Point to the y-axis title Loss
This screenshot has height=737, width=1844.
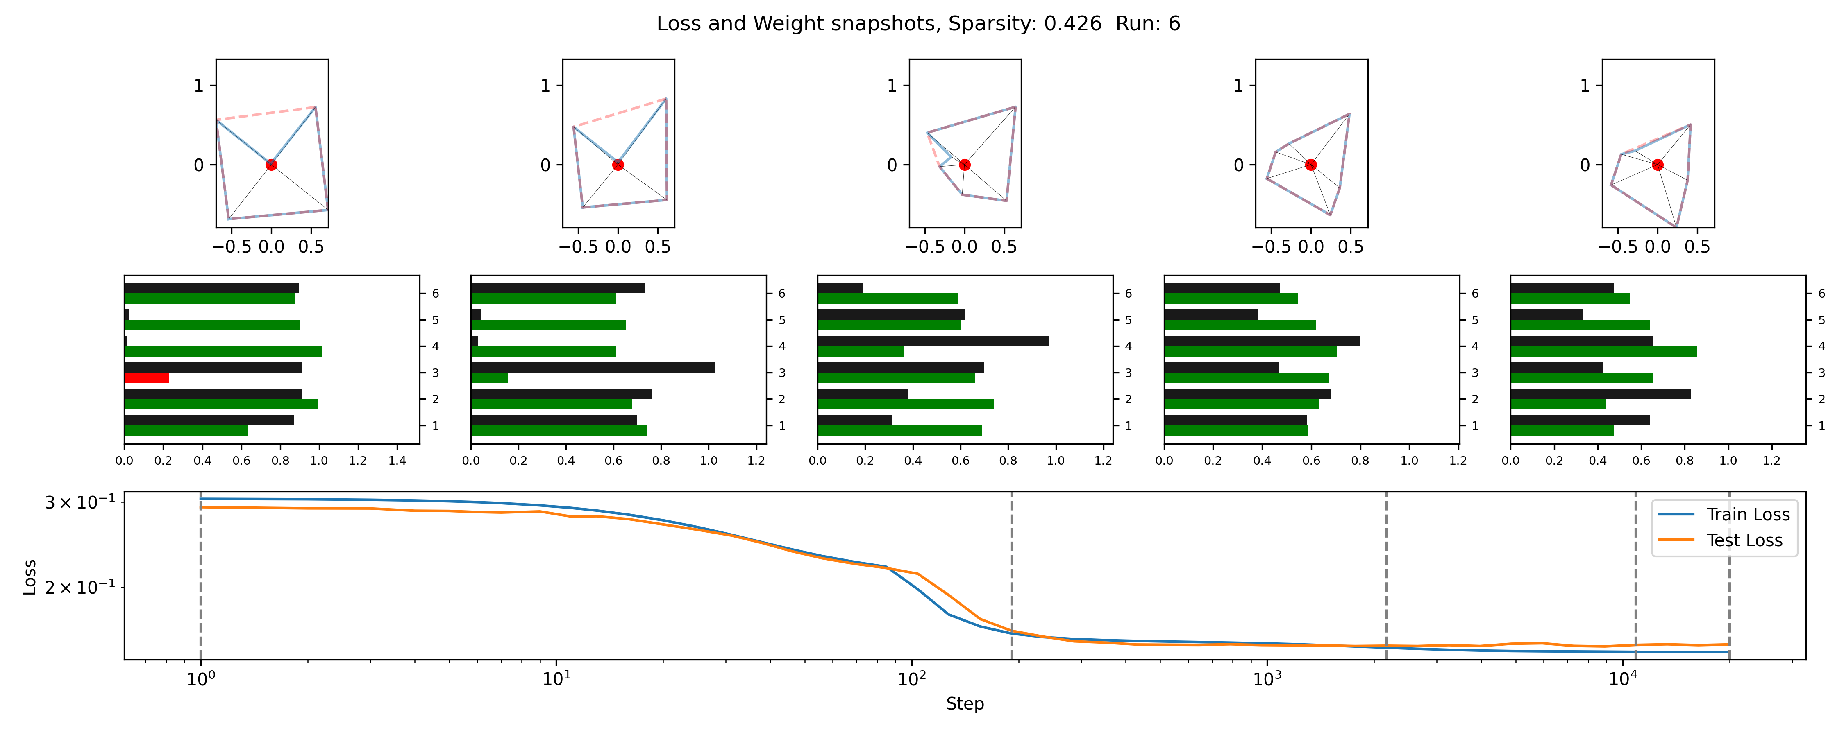pyautogui.click(x=30, y=577)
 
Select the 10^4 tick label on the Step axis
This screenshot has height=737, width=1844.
pyautogui.click(x=1622, y=679)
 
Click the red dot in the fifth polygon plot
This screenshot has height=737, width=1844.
pyautogui.click(x=1657, y=165)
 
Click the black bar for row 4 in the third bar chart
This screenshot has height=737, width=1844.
pyautogui.click(x=933, y=341)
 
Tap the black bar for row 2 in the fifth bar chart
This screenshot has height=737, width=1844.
pyautogui.click(x=1600, y=393)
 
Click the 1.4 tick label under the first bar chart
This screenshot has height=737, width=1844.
pyautogui.click(x=397, y=461)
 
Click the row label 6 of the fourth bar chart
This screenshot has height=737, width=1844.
pyautogui.click(x=1475, y=294)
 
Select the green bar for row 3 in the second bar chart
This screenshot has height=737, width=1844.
pyautogui.click(x=490, y=378)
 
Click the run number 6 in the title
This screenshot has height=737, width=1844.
pyautogui.click(x=1174, y=24)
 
